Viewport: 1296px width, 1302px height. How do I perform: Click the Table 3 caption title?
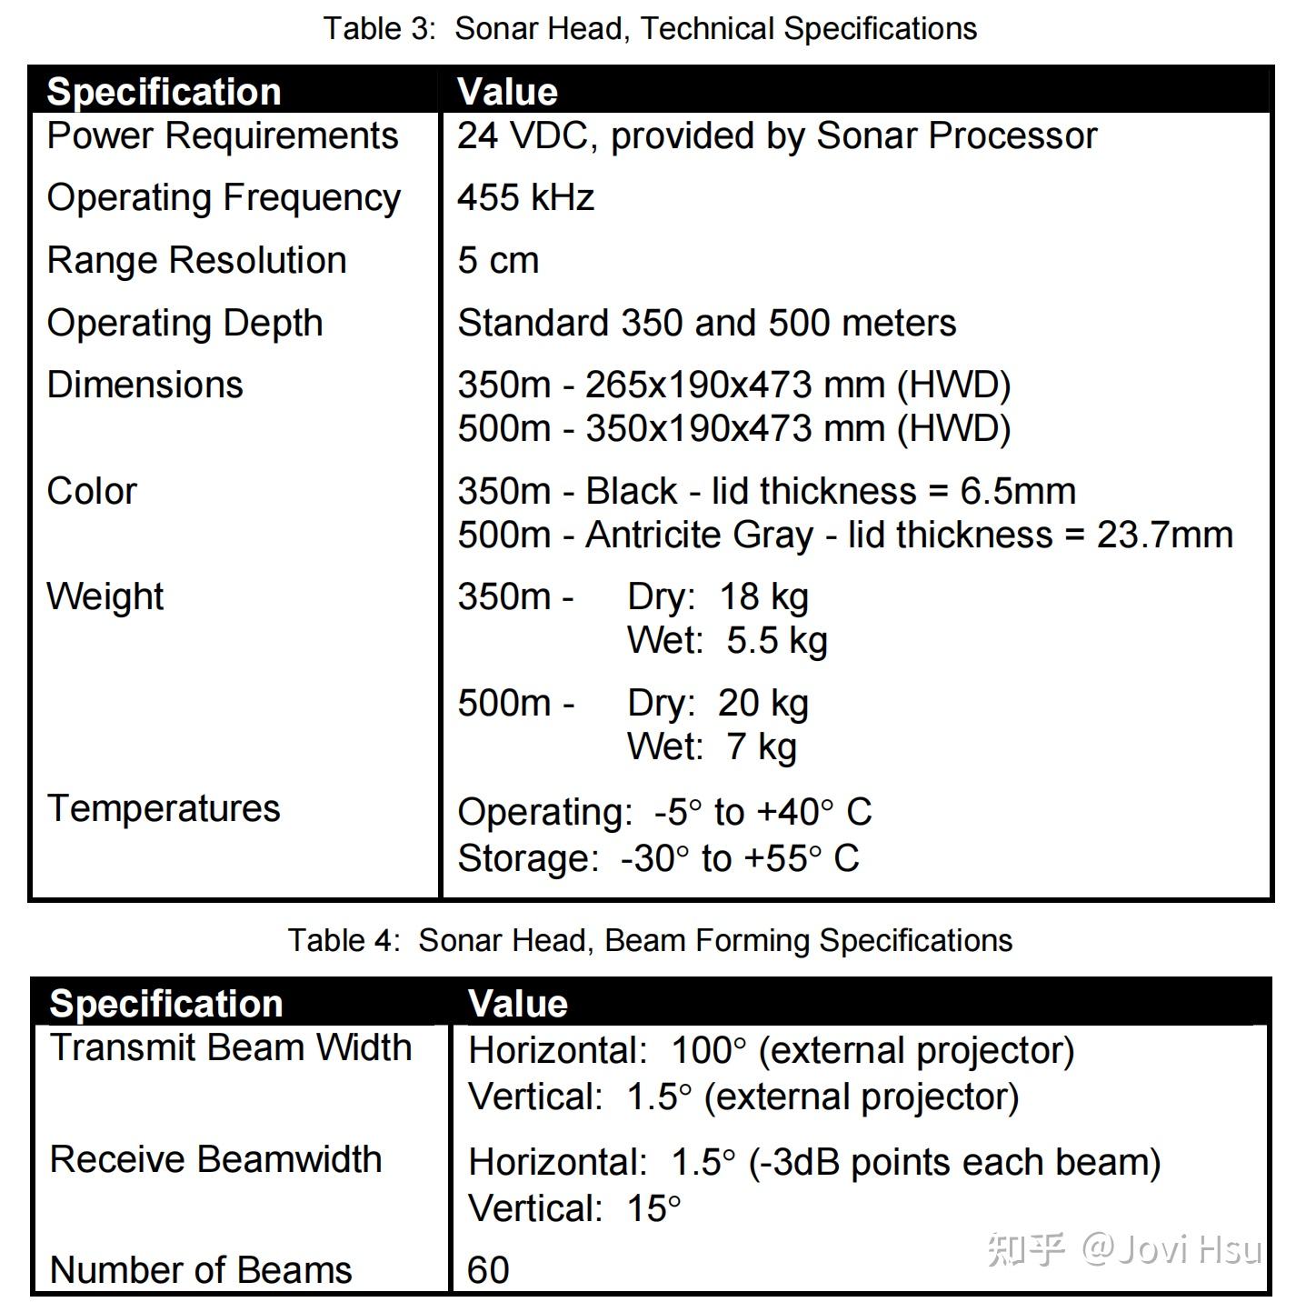(x=650, y=28)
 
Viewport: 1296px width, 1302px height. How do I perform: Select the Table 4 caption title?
(x=650, y=939)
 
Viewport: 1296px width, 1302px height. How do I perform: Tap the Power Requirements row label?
(x=223, y=135)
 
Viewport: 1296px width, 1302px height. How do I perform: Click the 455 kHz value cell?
(x=525, y=197)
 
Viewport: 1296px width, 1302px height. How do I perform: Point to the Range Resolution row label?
(x=196, y=260)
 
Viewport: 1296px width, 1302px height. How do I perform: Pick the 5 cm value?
(x=498, y=260)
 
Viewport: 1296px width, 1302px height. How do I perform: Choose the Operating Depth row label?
(x=184, y=323)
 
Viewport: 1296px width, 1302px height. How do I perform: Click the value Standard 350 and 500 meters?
(x=706, y=323)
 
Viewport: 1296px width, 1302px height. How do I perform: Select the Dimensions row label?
(x=145, y=385)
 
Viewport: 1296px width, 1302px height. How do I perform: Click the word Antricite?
(x=653, y=535)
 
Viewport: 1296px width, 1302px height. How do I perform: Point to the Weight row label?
(x=105, y=596)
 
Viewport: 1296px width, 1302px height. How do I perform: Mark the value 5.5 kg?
(x=776, y=640)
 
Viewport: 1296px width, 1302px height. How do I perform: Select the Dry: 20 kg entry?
(x=717, y=703)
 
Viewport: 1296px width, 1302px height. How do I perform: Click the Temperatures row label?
(x=164, y=808)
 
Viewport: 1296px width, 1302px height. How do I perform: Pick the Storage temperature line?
(x=658, y=858)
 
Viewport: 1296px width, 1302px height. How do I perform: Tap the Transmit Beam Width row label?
(x=231, y=1047)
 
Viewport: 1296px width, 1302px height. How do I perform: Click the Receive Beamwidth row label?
(x=215, y=1159)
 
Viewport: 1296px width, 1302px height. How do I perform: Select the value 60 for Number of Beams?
(x=488, y=1270)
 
